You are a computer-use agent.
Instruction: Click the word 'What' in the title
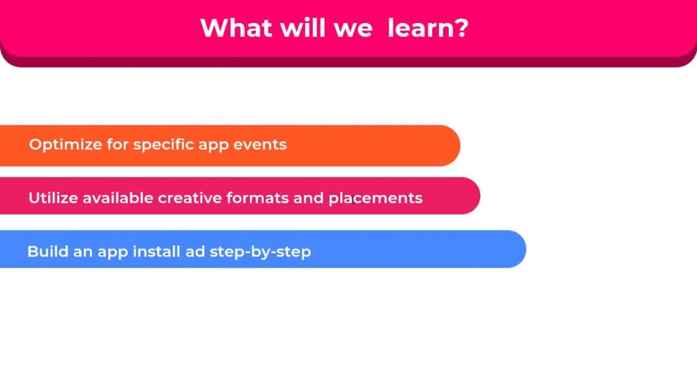236,28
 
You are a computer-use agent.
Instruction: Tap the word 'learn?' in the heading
428,28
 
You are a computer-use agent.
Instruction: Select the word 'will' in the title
302,28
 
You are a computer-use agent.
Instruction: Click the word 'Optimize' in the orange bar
65,145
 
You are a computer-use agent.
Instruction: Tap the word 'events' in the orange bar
260,145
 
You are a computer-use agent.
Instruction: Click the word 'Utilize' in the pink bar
53,198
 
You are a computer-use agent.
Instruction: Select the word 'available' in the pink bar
118,198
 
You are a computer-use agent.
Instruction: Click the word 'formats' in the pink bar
258,198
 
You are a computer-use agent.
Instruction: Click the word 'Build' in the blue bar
48,252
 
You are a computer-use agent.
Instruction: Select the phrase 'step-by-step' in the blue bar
260,252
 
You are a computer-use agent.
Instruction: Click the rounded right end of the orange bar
459,145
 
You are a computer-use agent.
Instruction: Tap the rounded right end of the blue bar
525,249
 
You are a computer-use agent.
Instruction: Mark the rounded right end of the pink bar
479,195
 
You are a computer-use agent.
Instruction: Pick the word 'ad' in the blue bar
195,252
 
